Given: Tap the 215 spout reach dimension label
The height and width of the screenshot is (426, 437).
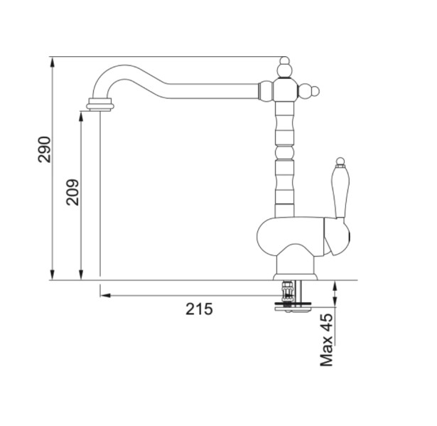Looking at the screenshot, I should coord(199,309).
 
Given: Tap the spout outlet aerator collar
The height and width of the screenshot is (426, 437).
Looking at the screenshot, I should coord(99,105).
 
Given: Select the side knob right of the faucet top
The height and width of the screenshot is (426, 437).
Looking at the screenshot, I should coord(311,91).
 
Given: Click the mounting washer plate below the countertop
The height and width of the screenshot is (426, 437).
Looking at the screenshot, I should coord(291,307).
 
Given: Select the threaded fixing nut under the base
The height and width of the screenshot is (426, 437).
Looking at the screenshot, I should coord(288,290).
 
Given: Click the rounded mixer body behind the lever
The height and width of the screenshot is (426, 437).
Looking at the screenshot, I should coord(284,238).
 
